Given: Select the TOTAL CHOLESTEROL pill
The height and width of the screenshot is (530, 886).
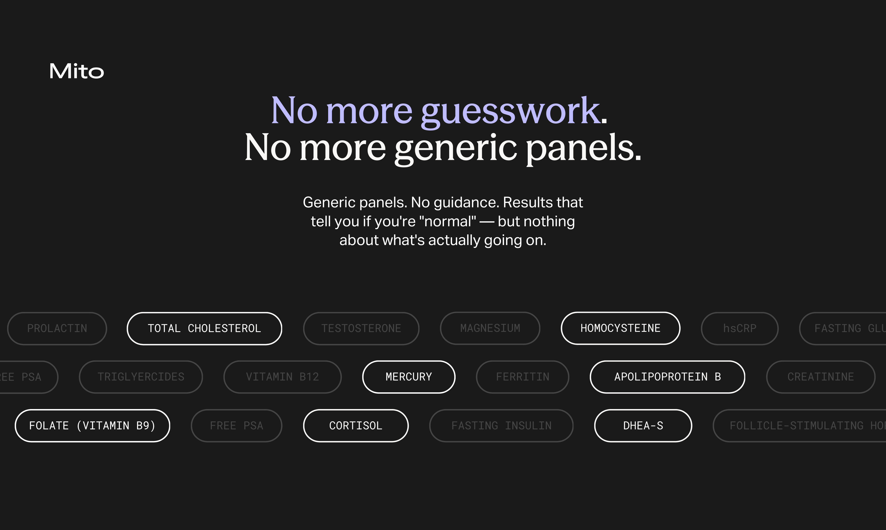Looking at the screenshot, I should pyautogui.click(x=204, y=328).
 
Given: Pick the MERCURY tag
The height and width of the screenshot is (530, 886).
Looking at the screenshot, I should pyautogui.click(x=409, y=377).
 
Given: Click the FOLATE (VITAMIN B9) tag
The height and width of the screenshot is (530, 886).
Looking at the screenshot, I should pyautogui.click(x=92, y=425).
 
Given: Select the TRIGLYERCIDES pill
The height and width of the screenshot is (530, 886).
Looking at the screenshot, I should pyautogui.click(x=141, y=377).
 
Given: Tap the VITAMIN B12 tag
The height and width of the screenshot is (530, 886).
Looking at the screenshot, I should pyautogui.click(x=282, y=377).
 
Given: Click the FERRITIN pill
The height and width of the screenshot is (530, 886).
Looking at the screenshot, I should pyautogui.click(x=522, y=377).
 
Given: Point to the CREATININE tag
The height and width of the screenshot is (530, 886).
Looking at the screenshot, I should pyautogui.click(x=820, y=377).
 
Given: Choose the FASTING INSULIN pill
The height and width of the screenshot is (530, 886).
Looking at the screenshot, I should pyautogui.click(x=501, y=425).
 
